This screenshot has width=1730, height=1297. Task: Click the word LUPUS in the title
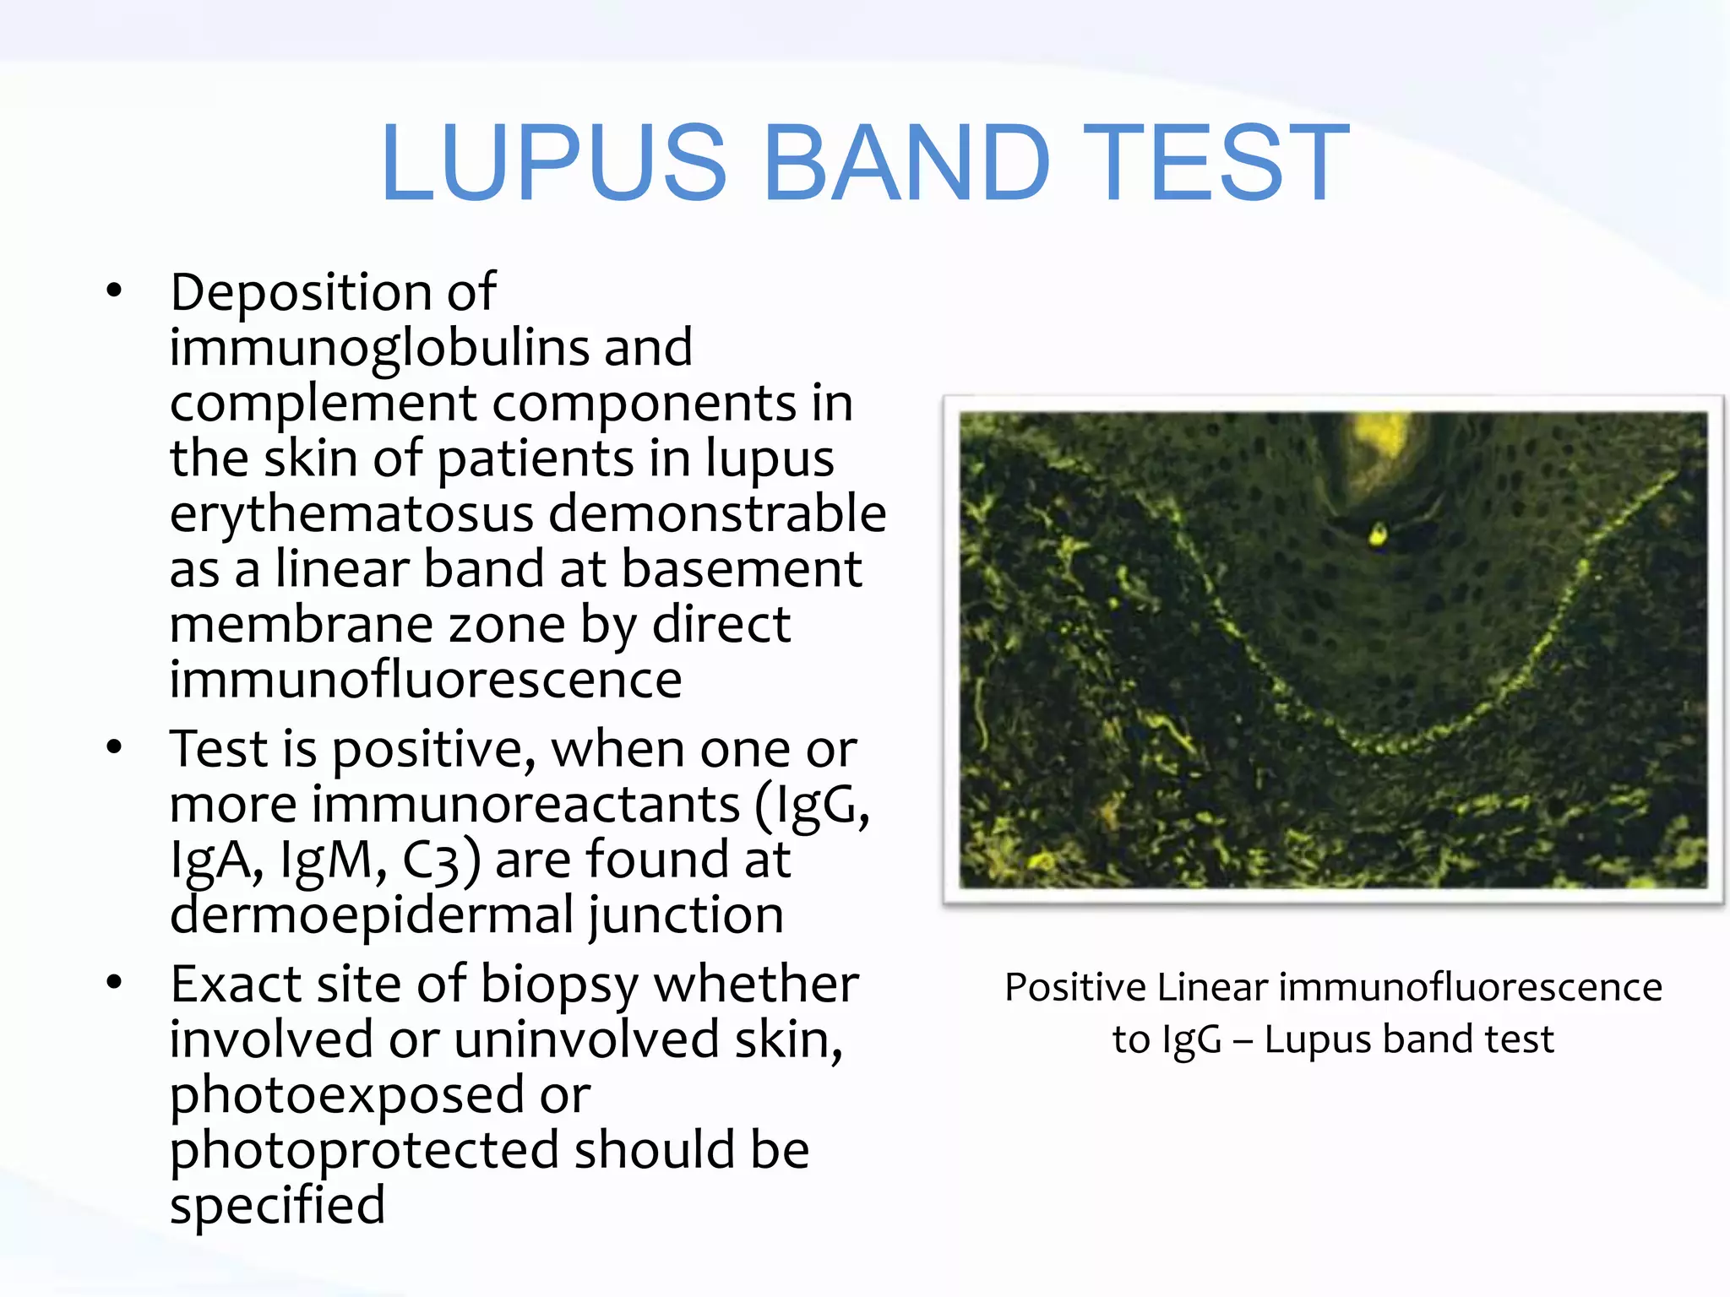553,163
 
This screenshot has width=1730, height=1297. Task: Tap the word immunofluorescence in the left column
426,680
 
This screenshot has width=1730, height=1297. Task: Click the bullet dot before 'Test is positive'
114,747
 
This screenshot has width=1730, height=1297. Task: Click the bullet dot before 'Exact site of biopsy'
114,982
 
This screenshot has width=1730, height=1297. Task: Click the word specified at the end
277,1206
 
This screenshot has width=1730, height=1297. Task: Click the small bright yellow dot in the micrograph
1377,534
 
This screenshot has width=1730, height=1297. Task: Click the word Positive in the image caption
1075,987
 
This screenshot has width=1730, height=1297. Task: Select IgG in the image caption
1191,1039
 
